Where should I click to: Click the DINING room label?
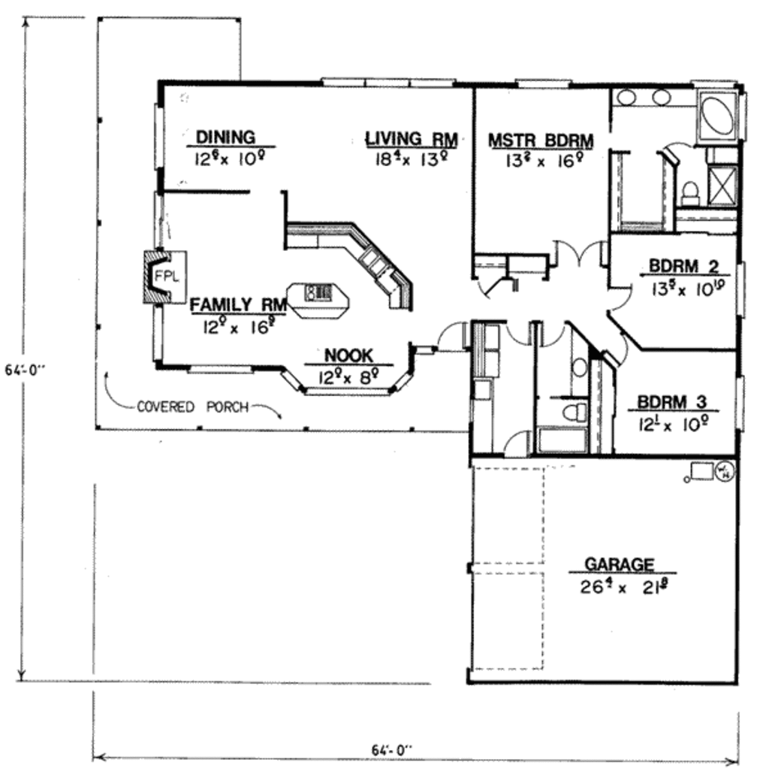(x=225, y=137)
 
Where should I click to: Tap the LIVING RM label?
(x=412, y=138)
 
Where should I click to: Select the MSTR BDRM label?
(x=540, y=141)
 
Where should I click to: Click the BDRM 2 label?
(x=684, y=267)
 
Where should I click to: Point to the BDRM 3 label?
(x=672, y=402)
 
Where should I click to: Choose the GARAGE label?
(x=619, y=564)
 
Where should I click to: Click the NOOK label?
(x=348, y=355)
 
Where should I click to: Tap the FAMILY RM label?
(x=238, y=305)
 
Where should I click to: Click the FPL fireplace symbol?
(x=166, y=276)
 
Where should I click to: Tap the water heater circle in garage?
(x=725, y=470)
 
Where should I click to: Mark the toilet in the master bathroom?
(x=689, y=194)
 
